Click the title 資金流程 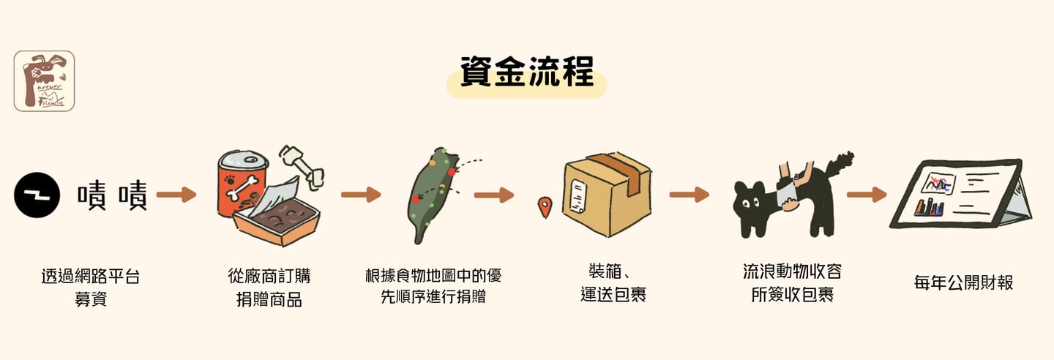coord(526,72)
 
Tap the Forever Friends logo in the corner coord(44,80)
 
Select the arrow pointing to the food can coord(177,195)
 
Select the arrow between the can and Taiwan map coord(361,195)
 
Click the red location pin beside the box coord(544,207)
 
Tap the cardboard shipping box coord(607,194)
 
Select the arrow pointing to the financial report coord(867,195)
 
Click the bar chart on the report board coord(930,207)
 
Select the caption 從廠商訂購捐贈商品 coord(269,288)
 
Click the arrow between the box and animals coord(689,195)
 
